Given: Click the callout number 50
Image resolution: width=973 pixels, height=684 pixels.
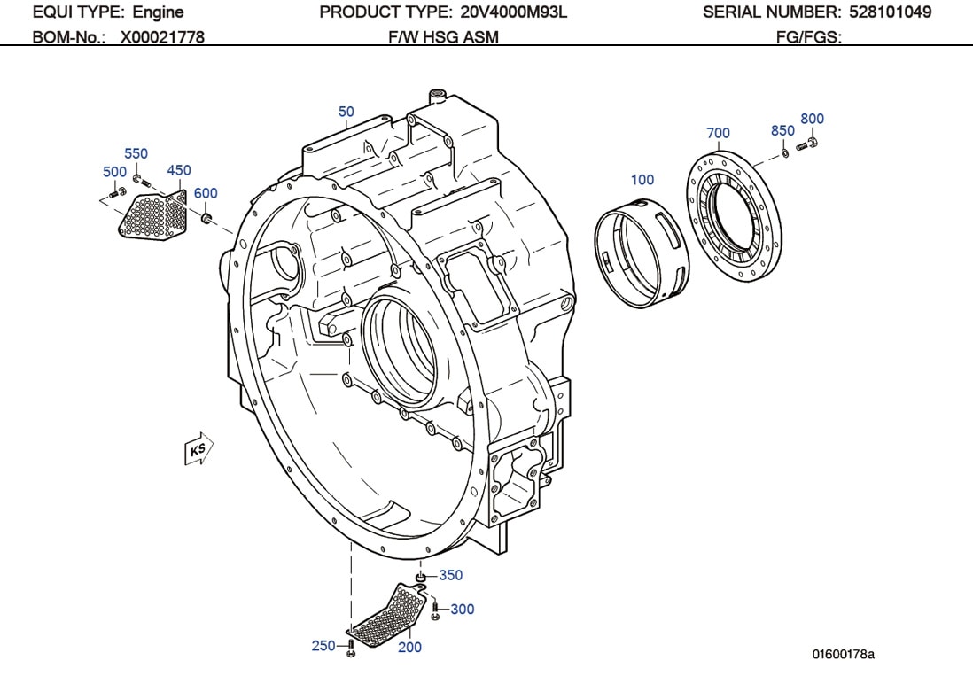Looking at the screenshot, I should pyautogui.click(x=346, y=112).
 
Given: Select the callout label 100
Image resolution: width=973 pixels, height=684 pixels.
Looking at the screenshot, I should pyautogui.click(x=642, y=180).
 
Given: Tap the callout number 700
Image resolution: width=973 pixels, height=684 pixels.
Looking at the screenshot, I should pyautogui.click(x=718, y=133).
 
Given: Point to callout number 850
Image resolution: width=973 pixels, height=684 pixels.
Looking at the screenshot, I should pyautogui.click(x=782, y=131).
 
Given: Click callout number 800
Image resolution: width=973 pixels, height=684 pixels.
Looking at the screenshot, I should pyautogui.click(x=812, y=119).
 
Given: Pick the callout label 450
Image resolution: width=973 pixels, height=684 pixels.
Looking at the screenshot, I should pyautogui.click(x=178, y=170).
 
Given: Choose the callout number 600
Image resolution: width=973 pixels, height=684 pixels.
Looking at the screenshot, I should pyautogui.click(x=206, y=193).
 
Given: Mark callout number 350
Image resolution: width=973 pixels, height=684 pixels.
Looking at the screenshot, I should pyautogui.click(x=450, y=575).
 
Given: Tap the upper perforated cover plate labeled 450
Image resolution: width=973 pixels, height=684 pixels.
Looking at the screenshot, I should pyautogui.click(x=154, y=215).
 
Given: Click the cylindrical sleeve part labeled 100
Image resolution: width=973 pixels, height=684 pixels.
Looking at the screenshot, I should pyautogui.click(x=642, y=253).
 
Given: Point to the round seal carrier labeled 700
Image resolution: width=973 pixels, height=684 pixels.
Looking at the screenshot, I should pyautogui.click(x=735, y=216).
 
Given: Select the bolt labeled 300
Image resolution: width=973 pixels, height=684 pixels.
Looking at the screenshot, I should pyautogui.click(x=435, y=610).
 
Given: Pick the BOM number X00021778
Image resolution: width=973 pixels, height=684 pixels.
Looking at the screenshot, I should pyautogui.click(x=162, y=37).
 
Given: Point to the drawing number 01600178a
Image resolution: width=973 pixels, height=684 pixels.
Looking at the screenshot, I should pyautogui.click(x=843, y=655).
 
